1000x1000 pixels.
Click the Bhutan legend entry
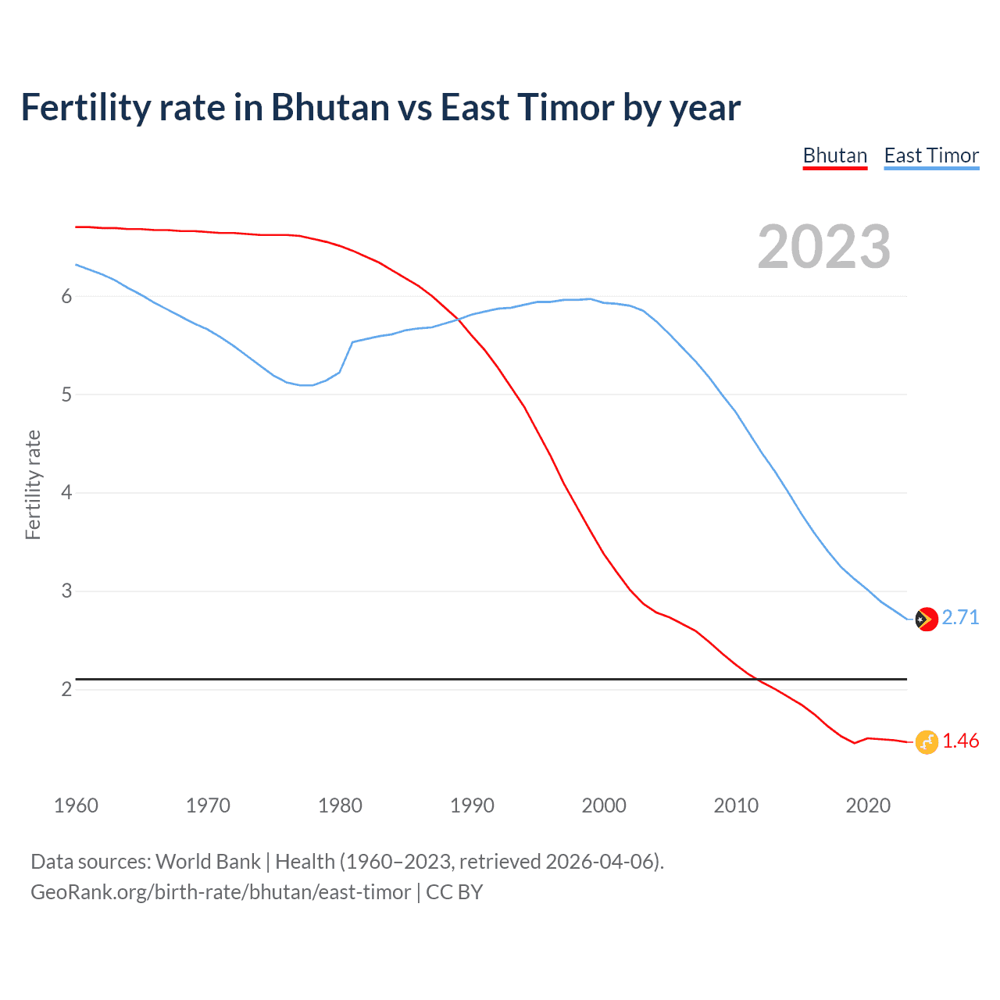[x=834, y=155]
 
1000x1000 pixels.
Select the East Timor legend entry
[x=931, y=155]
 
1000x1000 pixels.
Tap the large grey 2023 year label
[x=823, y=247]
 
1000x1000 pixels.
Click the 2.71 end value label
[x=960, y=617]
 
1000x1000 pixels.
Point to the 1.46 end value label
[x=960, y=741]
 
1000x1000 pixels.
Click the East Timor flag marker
[x=926, y=619]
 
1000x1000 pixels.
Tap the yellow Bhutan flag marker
[x=926, y=742]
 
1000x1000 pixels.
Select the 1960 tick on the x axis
[x=76, y=805]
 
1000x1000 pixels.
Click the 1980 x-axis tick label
[x=340, y=805]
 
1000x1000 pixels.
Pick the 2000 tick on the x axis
[x=604, y=805]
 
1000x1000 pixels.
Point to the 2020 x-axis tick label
[x=868, y=805]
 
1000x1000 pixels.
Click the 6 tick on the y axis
[x=66, y=296]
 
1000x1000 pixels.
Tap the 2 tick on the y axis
[x=66, y=689]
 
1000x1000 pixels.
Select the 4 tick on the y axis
[x=66, y=492]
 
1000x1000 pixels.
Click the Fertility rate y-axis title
[x=33, y=484]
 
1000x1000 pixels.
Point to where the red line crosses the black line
[x=756, y=679]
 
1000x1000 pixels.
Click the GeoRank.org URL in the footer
[x=220, y=891]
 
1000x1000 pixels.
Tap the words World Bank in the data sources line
[x=208, y=861]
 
